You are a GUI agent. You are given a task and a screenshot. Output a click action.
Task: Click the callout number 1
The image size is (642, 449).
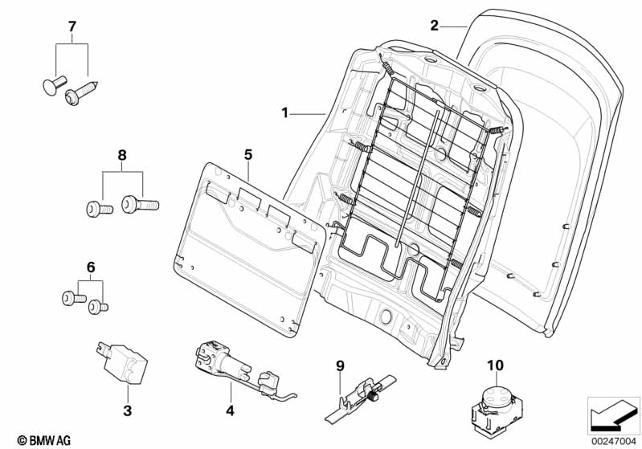[285, 112]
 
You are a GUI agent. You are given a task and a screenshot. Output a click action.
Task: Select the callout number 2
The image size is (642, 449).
[435, 26]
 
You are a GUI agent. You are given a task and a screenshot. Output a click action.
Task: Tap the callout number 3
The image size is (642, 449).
[127, 410]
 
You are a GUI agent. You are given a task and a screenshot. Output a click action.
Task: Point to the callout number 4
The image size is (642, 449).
[230, 410]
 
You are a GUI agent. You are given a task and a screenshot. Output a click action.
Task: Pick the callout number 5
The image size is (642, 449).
[248, 155]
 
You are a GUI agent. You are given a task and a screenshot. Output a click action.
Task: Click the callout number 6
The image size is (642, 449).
[91, 267]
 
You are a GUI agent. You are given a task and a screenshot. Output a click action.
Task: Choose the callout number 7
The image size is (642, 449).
[72, 27]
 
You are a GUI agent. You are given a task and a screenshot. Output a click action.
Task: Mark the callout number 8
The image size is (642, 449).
[122, 156]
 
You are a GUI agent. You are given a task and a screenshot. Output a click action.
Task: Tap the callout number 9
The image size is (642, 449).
[340, 365]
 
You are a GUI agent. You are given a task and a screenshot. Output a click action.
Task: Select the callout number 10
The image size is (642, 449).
[495, 365]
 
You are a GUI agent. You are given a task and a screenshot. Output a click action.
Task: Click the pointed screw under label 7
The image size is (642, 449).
[81, 93]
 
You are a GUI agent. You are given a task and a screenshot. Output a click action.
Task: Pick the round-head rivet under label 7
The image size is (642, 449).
[54, 84]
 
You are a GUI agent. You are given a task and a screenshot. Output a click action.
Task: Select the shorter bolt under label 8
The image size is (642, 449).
[99, 209]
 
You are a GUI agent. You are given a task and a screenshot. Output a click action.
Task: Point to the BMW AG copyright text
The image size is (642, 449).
[44, 440]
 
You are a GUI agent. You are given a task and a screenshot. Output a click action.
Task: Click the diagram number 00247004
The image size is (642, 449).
[614, 441]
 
